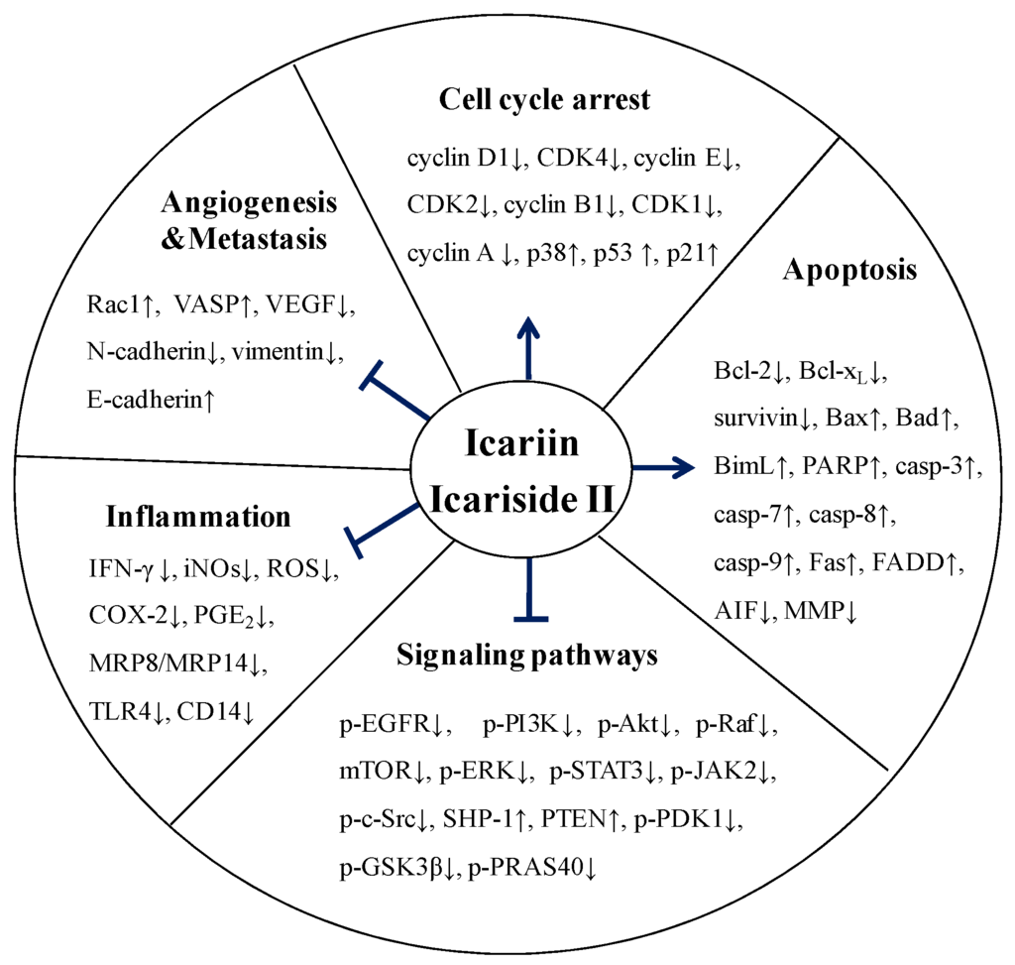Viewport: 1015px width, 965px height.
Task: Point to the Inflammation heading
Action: click(x=198, y=517)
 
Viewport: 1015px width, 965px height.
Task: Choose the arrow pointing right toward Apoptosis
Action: click(x=662, y=466)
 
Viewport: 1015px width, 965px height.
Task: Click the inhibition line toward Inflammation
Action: click(x=384, y=526)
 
